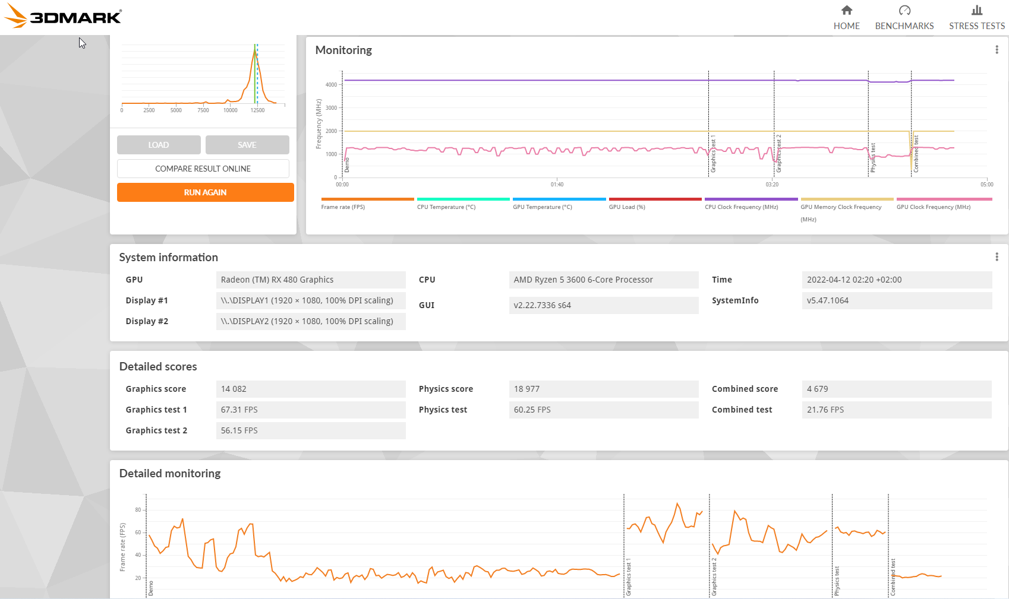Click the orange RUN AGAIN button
tap(206, 192)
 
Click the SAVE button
tap(247, 145)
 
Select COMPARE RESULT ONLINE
tap(203, 169)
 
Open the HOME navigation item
tap(846, 18)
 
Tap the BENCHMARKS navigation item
tap(904, 18)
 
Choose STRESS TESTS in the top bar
tap(976, 18)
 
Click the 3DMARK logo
tap(63, 16)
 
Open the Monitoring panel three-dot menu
tap(997, 49)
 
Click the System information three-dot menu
tap(997, 256)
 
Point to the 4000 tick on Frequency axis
tap(331, 85)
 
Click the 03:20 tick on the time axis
tap(772, 184)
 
